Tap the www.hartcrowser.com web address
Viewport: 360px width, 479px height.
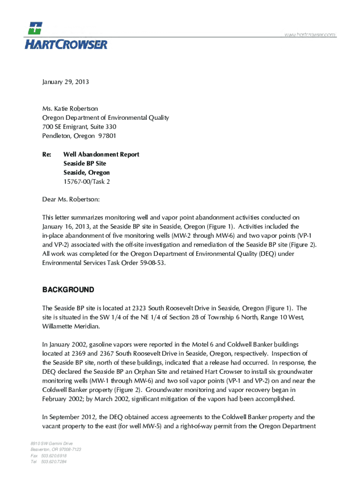pyautogui.click(x=309, y=35)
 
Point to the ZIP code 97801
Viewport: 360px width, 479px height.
pyautogui.click(x=106, y=136)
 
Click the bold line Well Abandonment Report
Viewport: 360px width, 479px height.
pyautogui.click(x=101, y=154)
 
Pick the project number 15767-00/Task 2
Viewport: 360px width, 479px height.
pyautogui.click(x=87, y=181)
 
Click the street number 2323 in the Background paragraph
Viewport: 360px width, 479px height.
pyautogui.click(x=141, y=308)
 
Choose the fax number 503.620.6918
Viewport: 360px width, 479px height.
pyautogui.click(x=54, y=456)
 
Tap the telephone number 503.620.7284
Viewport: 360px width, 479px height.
pyautogui.click(x=54, y=462)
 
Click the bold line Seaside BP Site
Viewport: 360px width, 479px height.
pyautogui.click(x=85, y=163)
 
